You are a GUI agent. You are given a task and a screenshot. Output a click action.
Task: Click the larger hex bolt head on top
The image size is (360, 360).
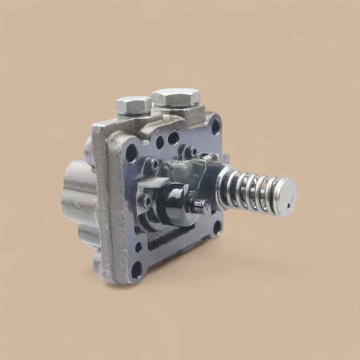176,97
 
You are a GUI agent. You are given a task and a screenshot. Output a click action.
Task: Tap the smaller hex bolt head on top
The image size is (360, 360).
134,105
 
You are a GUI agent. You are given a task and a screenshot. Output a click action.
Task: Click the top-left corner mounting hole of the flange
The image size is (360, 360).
132,153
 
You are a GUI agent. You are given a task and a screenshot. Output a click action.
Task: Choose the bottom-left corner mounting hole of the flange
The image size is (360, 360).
137,269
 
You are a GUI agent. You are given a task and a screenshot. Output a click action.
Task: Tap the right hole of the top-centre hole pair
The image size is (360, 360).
174,138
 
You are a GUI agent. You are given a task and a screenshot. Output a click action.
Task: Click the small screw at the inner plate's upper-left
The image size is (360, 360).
154,165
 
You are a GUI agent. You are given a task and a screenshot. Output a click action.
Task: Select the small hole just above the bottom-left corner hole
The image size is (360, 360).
138,247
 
